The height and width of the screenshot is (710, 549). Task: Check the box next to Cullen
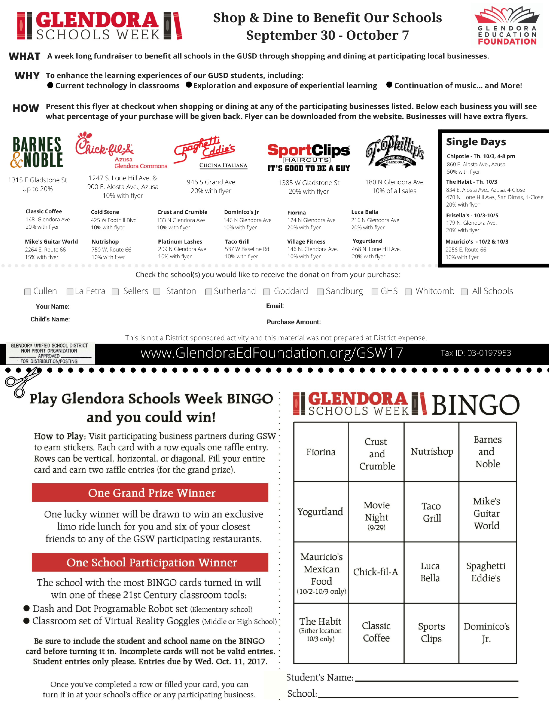click(x=28, y=292)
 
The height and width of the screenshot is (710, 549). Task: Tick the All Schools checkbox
click(x=464, y=292)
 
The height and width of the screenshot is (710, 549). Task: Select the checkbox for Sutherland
click(x=208, y=292)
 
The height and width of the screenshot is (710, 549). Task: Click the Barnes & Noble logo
click(x=37, y=152)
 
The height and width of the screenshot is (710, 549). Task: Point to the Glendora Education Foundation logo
click(x=507, y=26)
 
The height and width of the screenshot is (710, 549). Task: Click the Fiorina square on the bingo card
click(x=321, y=452)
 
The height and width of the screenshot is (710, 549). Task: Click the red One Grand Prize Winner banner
click(x=150, y=493)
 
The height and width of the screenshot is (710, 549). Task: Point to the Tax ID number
click(x=476, y=353)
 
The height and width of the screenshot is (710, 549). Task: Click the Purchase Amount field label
click(x=294, y=322)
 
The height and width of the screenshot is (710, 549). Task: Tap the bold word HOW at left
click(x=26, y=108)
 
